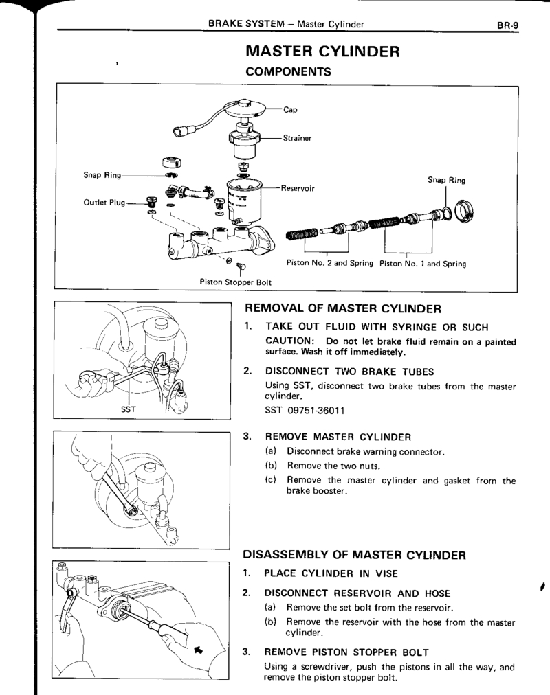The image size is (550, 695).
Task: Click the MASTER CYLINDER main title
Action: pyautogui.click(x=322, y=52)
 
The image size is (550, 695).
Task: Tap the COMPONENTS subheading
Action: pyautogui.click(x=289, y=71)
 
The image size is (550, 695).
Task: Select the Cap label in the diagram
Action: pyautogui.click(x=290, y=109)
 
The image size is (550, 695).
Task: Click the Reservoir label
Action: pyautogui.click(x=298, y=188)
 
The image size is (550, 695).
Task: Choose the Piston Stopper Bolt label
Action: pyautogui.click(x=236, y=281)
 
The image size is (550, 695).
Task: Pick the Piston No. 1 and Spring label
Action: pyautogui.click(x=423, y=263)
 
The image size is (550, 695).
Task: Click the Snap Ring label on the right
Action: pyautogui.click(x=446, y=181)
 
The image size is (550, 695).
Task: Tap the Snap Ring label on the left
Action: pyautogui.click(x=102, y=176)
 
